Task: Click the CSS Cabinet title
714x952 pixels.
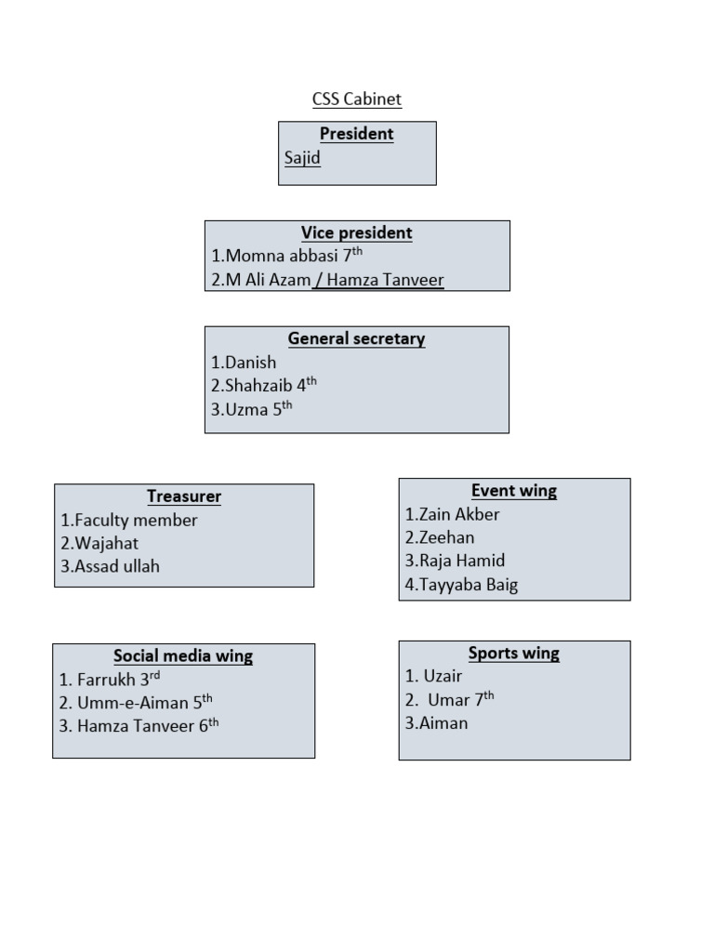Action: click(357, 99)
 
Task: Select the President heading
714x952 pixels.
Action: click(357, 134)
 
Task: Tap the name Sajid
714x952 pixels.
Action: click(302, 158)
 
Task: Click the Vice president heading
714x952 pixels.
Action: click(357, 232)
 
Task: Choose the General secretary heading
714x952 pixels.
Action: click(357, 338)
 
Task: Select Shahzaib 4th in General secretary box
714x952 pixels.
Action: click(264, 385)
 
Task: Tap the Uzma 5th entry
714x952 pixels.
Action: click(251, 407)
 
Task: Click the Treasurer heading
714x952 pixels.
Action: click(184, 496)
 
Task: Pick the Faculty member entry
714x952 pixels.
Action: click(129, 521)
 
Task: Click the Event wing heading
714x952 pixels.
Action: click(514, 491)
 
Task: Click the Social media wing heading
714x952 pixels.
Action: click(183, 656)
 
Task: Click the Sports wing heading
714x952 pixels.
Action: click(514, 653)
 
